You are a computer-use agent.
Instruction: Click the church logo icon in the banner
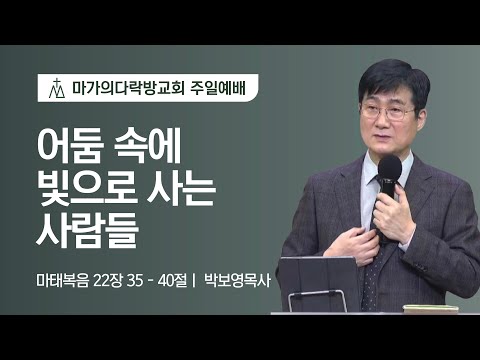[x=55, y=89]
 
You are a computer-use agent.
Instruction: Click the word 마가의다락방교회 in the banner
[x=124, y=89]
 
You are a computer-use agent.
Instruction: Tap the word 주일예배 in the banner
[x=216, y=89]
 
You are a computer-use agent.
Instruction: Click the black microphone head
[x=390, y=171]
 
